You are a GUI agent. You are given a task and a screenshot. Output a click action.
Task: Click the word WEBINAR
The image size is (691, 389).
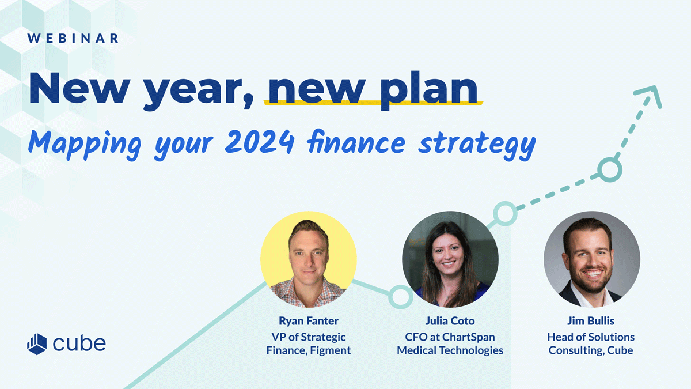click(x=73, y=38)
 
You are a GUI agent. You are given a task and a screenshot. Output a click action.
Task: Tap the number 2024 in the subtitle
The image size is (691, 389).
click(x=260, y=142)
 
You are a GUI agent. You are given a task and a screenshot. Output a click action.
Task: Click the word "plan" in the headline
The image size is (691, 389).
click(x=429, y=90)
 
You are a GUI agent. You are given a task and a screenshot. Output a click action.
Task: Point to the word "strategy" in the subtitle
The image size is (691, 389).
click(x=477, y=145)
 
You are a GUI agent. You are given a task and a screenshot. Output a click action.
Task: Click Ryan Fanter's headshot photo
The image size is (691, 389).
click(x=309, y=259)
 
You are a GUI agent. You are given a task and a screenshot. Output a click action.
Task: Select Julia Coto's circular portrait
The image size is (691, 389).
click(x=450, y=259)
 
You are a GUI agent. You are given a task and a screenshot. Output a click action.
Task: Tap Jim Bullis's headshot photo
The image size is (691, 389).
click(x=592, y=259)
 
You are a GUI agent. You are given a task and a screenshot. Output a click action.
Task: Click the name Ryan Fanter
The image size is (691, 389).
click(x=309, y=321)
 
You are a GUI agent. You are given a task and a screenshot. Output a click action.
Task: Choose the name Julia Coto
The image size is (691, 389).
click(x=450, y=321)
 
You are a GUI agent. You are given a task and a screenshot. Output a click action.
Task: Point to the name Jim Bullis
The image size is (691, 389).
click(x=591, y=321)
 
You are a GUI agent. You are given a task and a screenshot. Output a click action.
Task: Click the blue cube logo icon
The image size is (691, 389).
click(x=37, y=344)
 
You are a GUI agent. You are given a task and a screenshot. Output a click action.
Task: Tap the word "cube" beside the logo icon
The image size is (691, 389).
click(x=79, y=343)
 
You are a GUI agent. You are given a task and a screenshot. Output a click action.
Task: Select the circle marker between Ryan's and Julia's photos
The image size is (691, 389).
click(x=400, y=297)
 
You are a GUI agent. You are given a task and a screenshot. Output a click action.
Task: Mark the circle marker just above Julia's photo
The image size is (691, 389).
click(x=505, y=214)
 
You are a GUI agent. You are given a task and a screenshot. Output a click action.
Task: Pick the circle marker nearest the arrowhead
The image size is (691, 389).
click(x=610, y=169)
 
